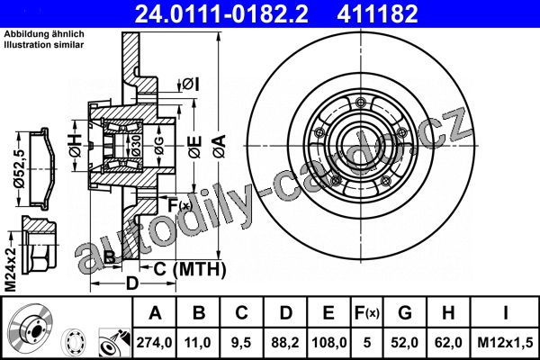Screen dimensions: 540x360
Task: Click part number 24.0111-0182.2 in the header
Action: [221, 13]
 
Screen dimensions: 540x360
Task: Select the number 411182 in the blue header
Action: [377, 13]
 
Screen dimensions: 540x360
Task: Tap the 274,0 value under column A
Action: [154, 342]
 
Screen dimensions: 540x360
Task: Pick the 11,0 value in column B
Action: [198, 342]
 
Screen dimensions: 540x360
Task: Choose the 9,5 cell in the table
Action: [241, 342]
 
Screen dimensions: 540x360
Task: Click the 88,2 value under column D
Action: [285, 342]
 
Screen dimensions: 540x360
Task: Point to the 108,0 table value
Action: [328, 342]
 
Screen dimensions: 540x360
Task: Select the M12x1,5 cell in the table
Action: [505, 342]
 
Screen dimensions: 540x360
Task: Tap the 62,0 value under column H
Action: [448, 342]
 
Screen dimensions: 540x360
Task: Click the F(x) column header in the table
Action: [367, 313]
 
